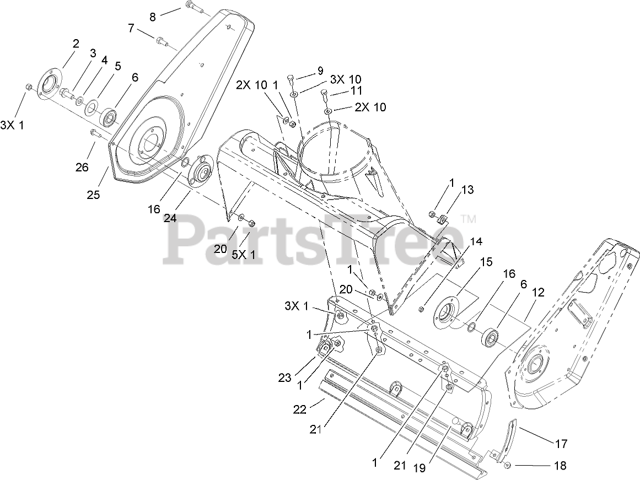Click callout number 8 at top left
[153, 17]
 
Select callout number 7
[131, 28]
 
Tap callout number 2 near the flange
[76, 43]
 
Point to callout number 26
[82, 167]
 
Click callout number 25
[93, 195]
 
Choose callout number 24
[170, 218]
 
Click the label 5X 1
[243, 255]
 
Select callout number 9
[320, 71]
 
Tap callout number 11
[357, 90]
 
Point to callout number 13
[467, 190]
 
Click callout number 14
[476, 241]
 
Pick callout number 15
[486, 262]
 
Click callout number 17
[561, 443]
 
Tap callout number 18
[560, 466]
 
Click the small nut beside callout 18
[508, 466]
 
